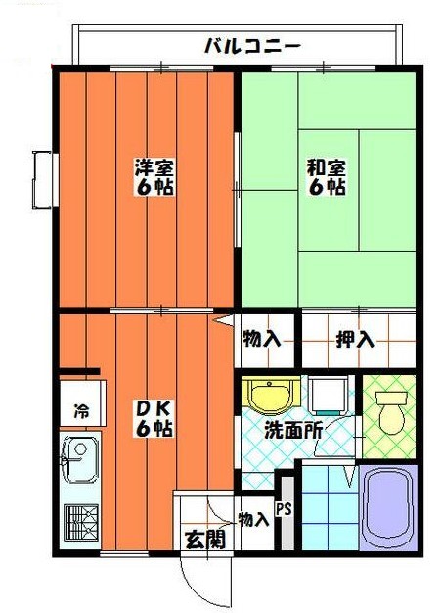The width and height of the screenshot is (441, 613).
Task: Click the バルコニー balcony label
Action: [251, 45]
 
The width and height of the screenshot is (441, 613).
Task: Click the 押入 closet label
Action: [355, 340]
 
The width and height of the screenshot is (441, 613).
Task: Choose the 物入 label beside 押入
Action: [261, 340]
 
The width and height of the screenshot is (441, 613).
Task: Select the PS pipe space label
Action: [284, 509]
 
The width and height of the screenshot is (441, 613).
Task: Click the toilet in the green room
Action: [391, 410]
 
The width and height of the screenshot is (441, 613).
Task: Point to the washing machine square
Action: [331, 394]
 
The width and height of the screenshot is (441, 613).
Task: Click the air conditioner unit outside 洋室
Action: [42, 180]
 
